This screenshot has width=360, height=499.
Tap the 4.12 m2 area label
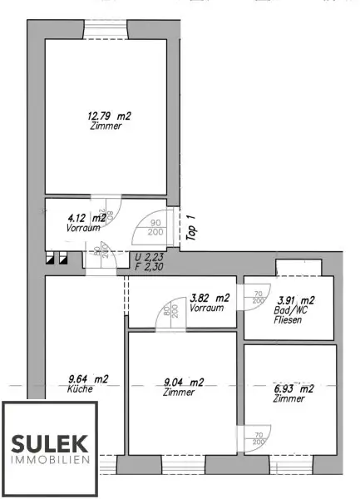pos(86,218)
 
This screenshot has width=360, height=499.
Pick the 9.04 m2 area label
pos(183,383)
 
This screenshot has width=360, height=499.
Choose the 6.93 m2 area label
pos(293,388)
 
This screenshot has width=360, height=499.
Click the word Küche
pos(81,388)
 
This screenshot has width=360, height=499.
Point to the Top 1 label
pos(190,227)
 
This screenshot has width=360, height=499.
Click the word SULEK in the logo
pos(49,443)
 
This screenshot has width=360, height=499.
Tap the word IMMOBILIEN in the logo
pos(49,460)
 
